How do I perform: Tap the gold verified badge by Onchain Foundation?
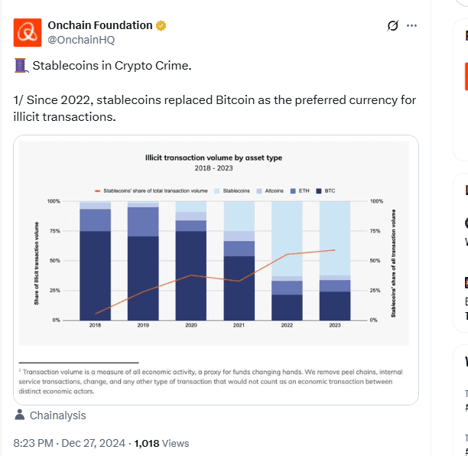(x=161, y=26)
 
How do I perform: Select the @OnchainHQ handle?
(x=74, y=40)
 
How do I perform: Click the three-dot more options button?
(x=412, y=26)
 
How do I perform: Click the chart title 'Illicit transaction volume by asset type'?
(x=213, y=158)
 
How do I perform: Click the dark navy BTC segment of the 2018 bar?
(x=96, y=275)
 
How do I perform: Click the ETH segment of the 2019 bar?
(x=143, y=222)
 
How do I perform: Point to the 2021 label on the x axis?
(x=239, y=326)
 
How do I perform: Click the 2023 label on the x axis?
(x=335, y=326)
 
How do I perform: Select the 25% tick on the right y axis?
(x=375, y=291)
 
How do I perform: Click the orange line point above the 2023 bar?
(x=335, y=250)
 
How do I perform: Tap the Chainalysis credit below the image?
(x=57, y=415)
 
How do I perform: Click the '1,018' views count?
(x=150, y=443)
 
